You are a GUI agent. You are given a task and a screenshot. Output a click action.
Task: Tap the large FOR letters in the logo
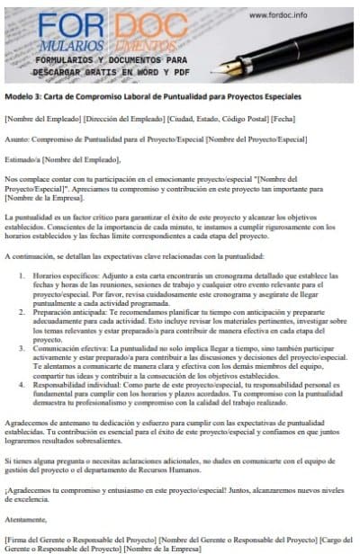tap(80, 25)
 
